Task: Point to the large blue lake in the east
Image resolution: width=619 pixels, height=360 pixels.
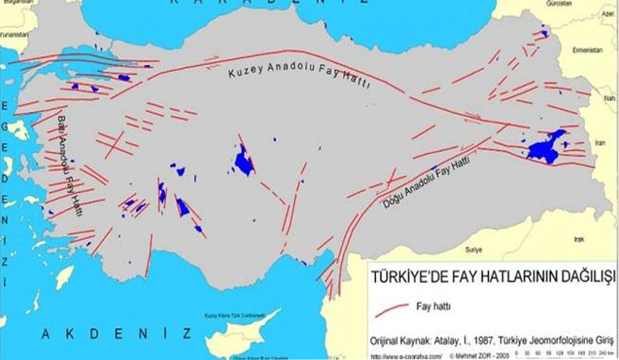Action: click(x=545, y=148)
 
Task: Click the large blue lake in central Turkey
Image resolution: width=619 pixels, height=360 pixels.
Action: click(x=245, y=160)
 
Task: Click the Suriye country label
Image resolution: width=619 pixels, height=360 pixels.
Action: click(x=473, y=250)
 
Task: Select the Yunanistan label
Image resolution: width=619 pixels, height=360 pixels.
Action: click(x=13, y=36)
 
